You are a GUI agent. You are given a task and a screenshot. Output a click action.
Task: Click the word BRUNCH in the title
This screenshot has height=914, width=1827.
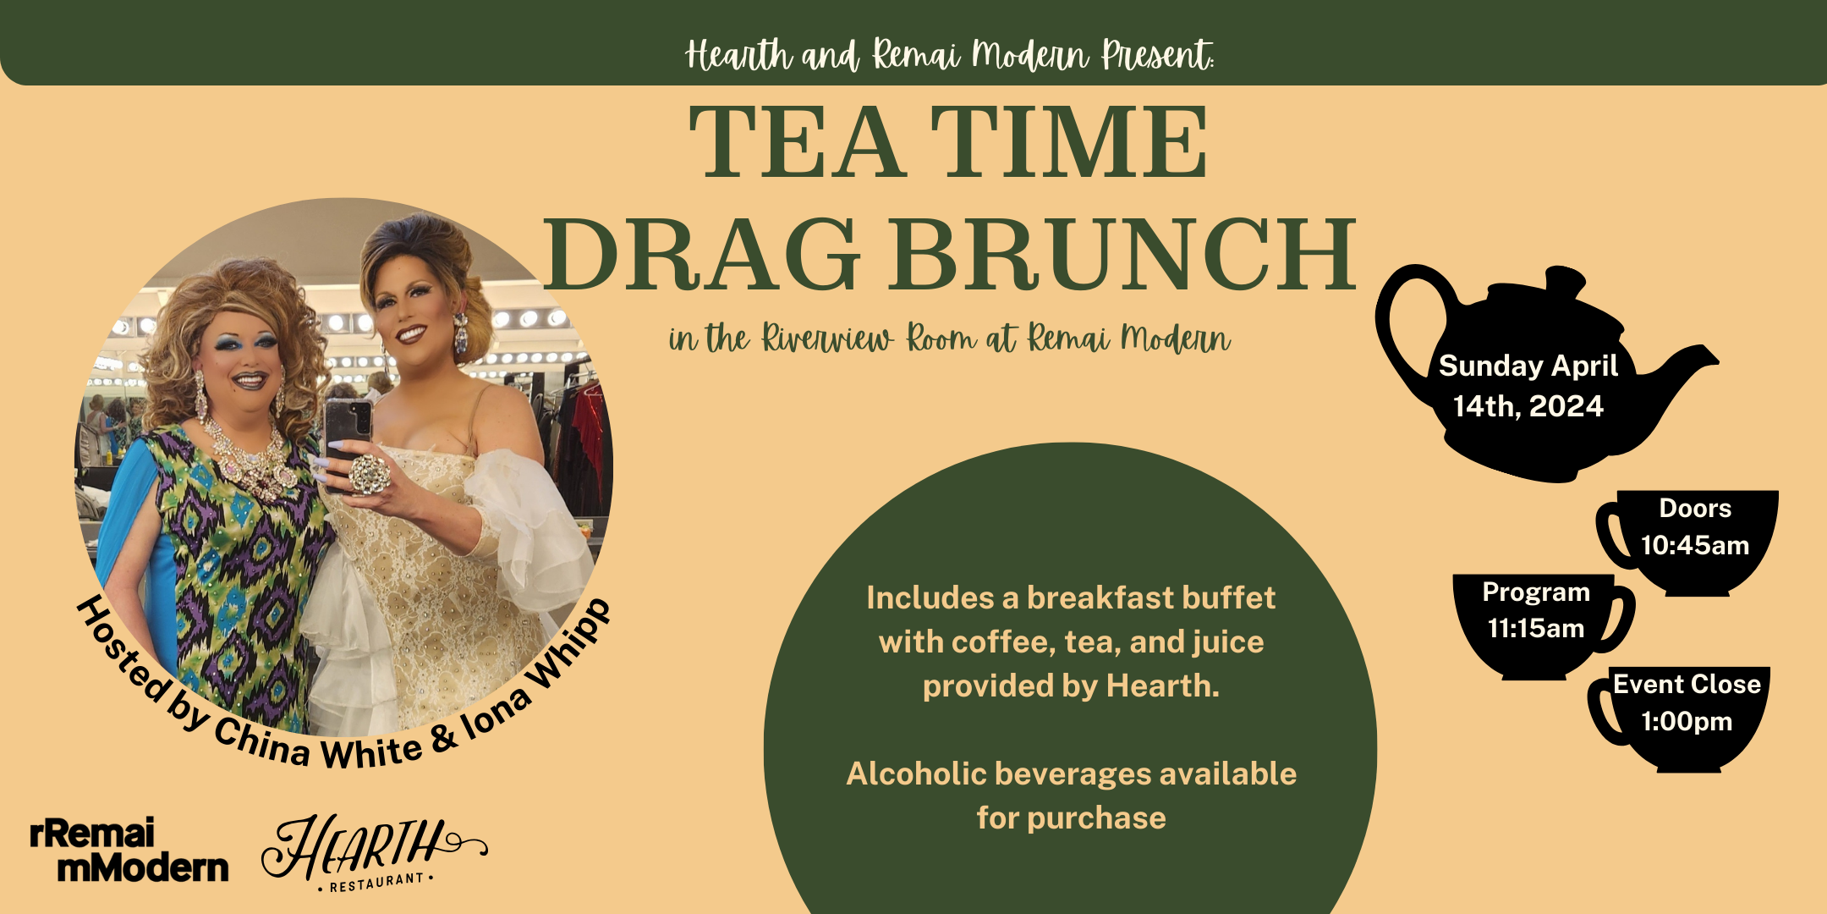(1121, 254)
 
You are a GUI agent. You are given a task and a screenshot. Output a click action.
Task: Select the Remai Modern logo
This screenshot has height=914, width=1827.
(129, 851)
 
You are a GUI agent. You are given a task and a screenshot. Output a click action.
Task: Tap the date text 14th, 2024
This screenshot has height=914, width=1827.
(1528, 406)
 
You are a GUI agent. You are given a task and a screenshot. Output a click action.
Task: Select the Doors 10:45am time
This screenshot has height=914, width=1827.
(1695, 526)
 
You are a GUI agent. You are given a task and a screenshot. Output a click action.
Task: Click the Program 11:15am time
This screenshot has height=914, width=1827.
(1536, 610)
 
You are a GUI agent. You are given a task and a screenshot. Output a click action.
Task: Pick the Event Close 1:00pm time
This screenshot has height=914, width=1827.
(1687, 702)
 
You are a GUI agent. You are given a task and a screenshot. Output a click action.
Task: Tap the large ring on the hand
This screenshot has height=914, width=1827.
(369, 474)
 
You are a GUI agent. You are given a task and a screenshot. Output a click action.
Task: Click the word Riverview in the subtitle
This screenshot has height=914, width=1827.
(827, 339)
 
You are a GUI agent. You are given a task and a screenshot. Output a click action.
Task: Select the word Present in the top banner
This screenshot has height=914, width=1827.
(1156, 56)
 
